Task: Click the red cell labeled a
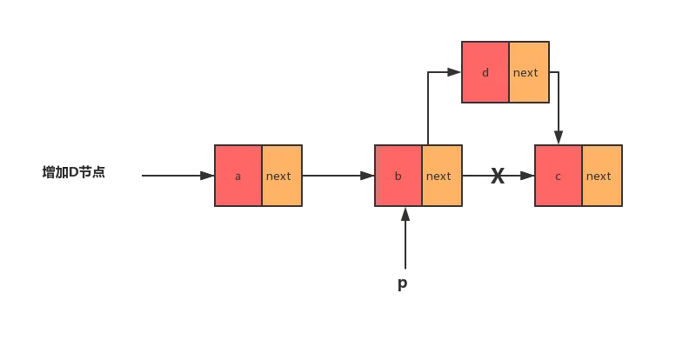click(238, 176)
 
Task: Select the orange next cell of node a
click(281, 176)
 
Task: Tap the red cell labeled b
click(398, 176)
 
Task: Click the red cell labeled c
click(559, 176)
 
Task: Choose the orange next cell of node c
click(601, 176)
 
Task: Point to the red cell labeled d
click(485, 72)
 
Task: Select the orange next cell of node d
click(528, 72)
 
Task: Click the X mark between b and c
click(498, 177)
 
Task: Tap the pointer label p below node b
click(404, 284)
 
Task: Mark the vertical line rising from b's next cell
click(427, 109)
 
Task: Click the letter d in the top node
click(485, 72)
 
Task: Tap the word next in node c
click(599, 176)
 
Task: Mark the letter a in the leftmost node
click(238, 176)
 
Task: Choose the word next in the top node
click(525, 72)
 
